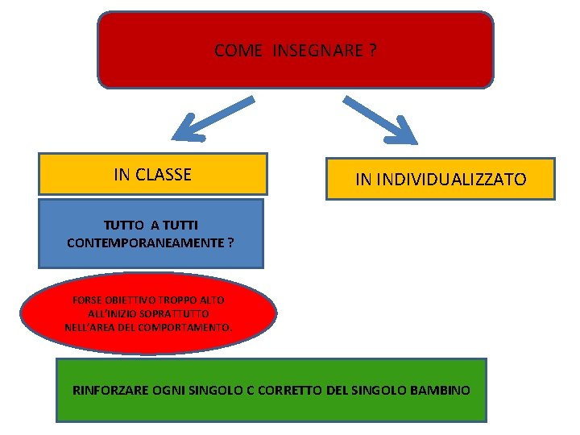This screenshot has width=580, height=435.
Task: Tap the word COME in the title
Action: tap(238, 51)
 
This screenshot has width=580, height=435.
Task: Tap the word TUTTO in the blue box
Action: tap(122, 226)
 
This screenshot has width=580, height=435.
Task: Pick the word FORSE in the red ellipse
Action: tap(86, 300)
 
